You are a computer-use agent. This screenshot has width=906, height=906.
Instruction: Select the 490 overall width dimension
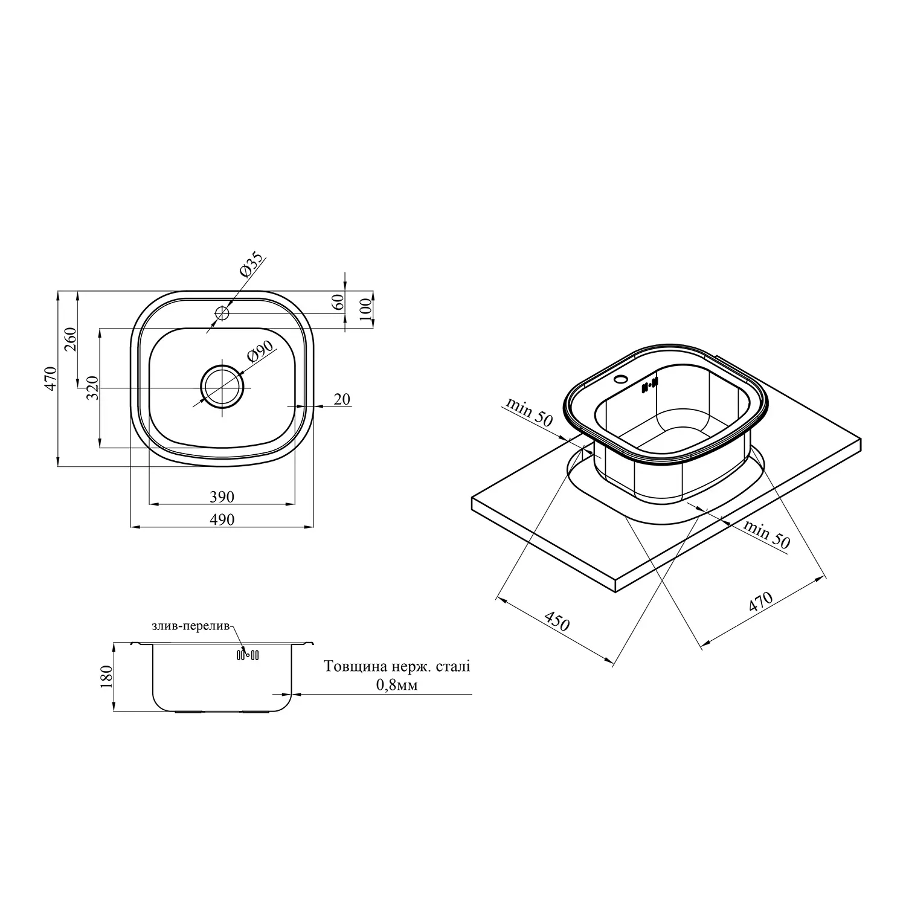(x=222, y=519)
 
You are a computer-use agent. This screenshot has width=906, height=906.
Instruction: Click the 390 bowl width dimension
(x=222, y=497)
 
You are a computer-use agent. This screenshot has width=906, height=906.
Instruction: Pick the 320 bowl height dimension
(x=92, y=388)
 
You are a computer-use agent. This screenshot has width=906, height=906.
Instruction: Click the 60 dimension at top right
(x=338, y=301)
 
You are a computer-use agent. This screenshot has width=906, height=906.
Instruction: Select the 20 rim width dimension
(x=342, y=399)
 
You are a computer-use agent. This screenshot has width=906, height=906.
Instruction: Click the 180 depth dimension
(x=106, y=678)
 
